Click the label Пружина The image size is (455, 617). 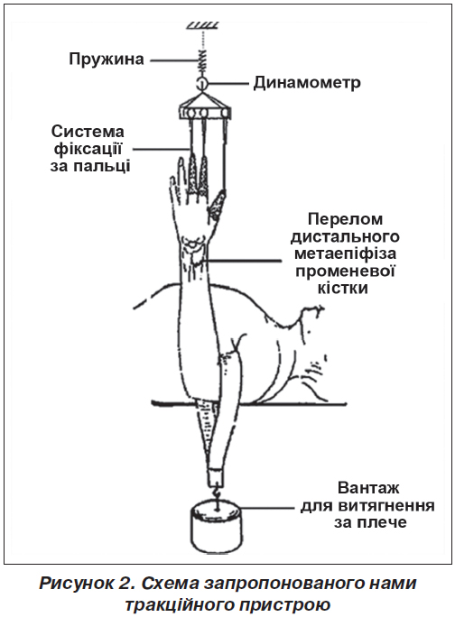pos(107,60)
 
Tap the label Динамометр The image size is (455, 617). pos(307,83)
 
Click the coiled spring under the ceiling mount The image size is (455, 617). pos(201,60)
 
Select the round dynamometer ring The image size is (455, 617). pos(201,83)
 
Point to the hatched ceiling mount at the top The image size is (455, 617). pos(202,25)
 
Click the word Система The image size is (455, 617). pos(88,132)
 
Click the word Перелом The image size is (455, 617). pos(345,219)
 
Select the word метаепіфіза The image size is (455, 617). pos(346,253)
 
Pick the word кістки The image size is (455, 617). pos(343,288)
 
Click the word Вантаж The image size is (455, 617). pos(368,488)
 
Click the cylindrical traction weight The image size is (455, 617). pos(217,529)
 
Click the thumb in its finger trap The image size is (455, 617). pos(217,205)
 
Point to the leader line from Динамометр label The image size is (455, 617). pos(228,83)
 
